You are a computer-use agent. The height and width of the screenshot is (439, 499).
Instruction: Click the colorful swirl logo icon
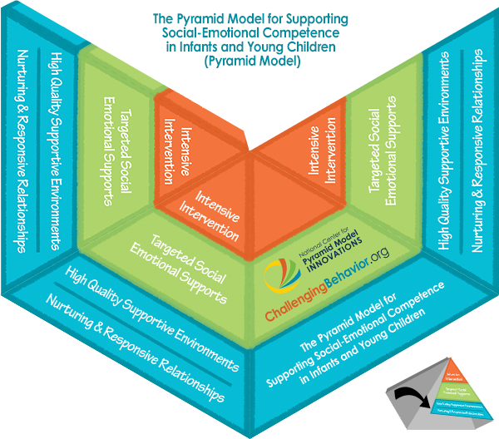click(x=284, y=275)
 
